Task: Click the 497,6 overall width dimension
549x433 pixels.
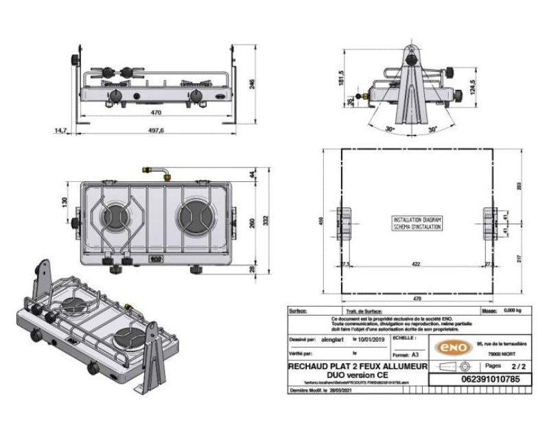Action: click(x=156, y=131)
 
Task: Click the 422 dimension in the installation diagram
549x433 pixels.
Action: click(x=418, y=263)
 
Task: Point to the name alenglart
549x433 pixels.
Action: click(x=336, y=338)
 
